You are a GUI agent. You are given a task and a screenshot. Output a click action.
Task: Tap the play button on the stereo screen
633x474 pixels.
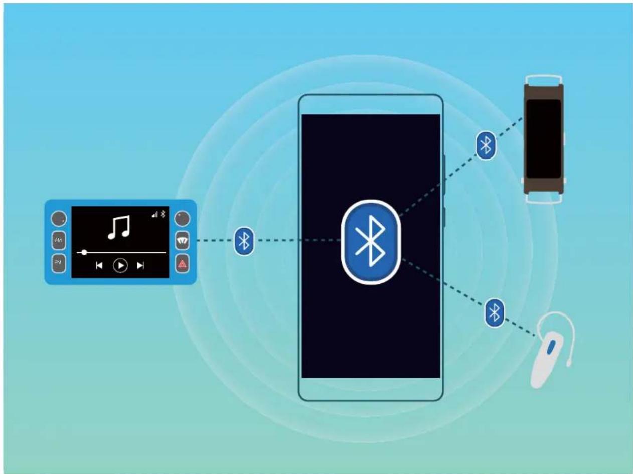point(120,265)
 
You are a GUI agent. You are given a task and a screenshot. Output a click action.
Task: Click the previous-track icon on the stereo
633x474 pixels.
point(99,265)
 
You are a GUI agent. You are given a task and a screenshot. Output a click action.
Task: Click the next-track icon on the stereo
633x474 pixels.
point(140,265)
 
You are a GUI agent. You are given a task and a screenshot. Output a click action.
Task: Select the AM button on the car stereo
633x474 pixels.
point(59,241)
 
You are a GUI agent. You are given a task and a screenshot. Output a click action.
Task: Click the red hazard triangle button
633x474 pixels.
point(182,264)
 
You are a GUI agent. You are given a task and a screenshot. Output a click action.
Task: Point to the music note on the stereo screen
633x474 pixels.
point(119,227)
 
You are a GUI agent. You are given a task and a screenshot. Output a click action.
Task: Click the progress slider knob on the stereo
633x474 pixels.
point(84,252)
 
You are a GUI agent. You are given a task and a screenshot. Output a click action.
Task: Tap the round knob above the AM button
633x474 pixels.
point(59,219)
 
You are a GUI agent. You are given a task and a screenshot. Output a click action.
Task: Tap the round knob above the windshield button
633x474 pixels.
point(182,219)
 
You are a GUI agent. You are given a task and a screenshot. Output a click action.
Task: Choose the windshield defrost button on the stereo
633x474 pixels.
point(182,241)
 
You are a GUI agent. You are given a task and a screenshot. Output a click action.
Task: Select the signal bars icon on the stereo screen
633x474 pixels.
point(156,214)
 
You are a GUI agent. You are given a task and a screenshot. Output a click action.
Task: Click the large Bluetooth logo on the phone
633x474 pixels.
point(371,242)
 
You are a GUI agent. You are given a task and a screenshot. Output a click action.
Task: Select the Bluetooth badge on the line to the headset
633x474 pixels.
point(495,312)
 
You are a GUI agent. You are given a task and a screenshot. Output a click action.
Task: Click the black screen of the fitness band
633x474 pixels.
point(543,138)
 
